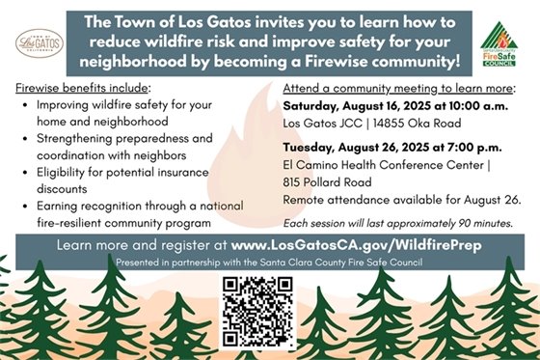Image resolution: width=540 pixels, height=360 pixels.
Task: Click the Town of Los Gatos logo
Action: [40, 42]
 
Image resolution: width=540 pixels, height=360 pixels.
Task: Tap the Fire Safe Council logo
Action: [500, 44]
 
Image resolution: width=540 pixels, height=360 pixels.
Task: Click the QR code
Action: [256, 311]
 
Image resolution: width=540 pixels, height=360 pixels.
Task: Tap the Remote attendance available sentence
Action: [401, 199]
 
